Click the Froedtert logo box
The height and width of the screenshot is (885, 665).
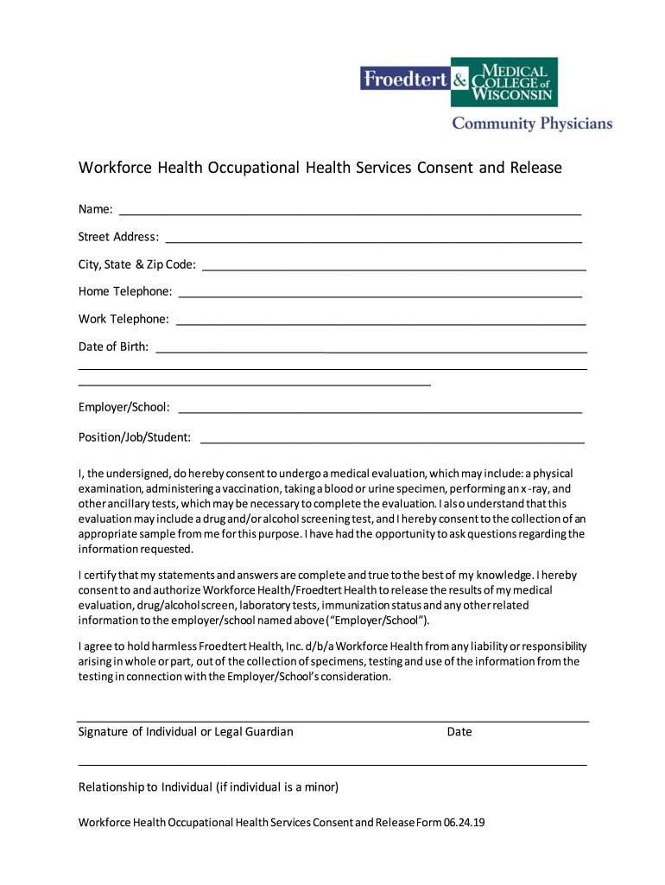pyautogui.click(x=404, y=80)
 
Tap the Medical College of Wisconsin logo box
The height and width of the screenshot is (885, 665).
pyautogui.click(x=515, y=82)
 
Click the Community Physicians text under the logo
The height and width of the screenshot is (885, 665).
pyautogui.click(x=532, y=124)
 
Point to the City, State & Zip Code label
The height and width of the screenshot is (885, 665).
pyautogui.click(x=137, y=264)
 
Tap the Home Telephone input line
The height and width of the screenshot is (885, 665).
pyautogui.click(x=379, y=296)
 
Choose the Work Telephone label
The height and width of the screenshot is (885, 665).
pyautogui.click(x=123, y=319)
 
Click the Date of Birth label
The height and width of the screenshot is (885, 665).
pyautogui.click(x=113, y=347)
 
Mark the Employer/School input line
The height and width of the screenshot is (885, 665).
pyautogui.click(x=379, y=412)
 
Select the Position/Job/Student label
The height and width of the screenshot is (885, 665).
pyautogui.click(x=135, y=437)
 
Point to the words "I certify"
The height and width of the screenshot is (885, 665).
pyautogui.click(x=99, y=575)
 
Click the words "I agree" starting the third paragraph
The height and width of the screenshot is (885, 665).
pyautogui.click(x=96, y=646)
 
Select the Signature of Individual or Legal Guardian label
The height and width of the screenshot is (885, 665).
pyautogui.click(x=186, y=732)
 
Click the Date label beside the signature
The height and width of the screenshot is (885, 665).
pyautogui.click(x=459, y=732)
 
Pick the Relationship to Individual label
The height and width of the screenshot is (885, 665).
pyautogui.click(x=208, y=787)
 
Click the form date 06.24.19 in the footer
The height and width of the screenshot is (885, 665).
pyautogui.click(x=465, y=823)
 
